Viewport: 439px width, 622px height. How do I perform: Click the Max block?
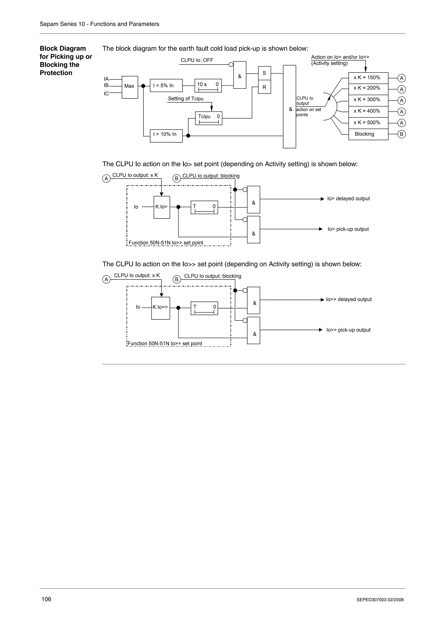tap(130, 87)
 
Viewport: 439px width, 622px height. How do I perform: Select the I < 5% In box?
tap(166, 86)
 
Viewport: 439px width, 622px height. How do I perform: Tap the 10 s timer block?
tap(208, 86)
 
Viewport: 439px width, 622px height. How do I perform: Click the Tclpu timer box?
tap(209, 118)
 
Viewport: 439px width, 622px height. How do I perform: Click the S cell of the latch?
tap(264, 73)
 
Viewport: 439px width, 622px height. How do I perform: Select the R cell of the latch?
tap(264, 87)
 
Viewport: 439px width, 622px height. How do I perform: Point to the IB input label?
tap(106, 85)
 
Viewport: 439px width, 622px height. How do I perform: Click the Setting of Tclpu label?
tap(186, 99)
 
